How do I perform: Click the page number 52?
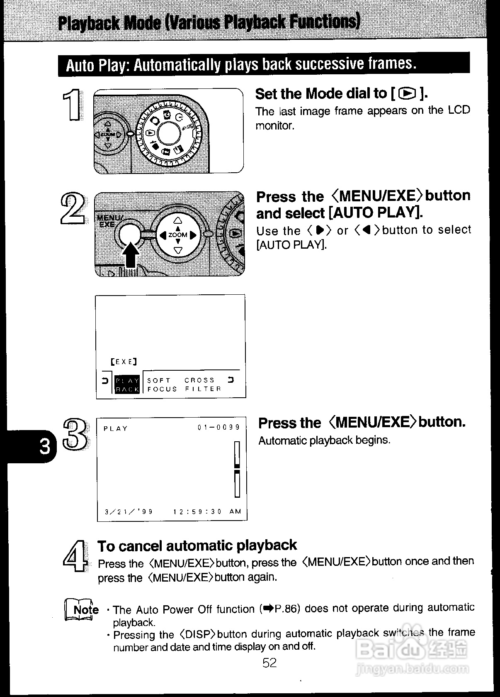269,663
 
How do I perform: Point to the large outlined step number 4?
75,557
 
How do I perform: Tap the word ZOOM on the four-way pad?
178,235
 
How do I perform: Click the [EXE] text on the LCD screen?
124,362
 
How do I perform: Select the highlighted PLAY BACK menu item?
126,384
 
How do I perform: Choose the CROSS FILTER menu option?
203,384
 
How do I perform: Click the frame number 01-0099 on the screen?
219,427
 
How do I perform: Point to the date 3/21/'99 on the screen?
129,512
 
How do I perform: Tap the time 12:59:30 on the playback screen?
197,512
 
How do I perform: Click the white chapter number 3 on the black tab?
44,447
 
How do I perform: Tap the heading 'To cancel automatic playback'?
197,545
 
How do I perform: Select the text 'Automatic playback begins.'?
324,440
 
